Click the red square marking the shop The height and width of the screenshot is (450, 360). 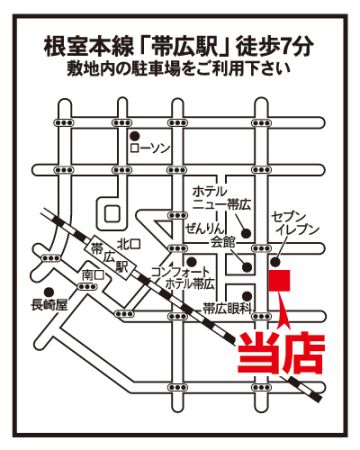(x=280, y=280)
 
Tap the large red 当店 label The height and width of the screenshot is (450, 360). (x=281, y=353)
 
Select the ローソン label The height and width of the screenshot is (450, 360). (x=150, y=148)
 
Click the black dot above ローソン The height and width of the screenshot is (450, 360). (x=134, y=136)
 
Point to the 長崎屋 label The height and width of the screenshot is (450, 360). (x=49, y=305)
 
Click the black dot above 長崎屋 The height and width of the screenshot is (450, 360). (x=49, y=292)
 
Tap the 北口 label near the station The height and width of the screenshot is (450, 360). (x=128, y=244)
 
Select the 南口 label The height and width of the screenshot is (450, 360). (x=93, y=275)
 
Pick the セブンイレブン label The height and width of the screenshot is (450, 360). (x=295, y=223)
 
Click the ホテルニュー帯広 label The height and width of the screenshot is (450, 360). (x=221, y=198)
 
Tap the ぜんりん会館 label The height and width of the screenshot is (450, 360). (x=210, y=236)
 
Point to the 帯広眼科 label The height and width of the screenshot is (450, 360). (x=227, y=309)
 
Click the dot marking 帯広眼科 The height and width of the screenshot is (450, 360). (x=247, y=296)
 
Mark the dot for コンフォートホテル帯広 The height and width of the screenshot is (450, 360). (x=191, y=261)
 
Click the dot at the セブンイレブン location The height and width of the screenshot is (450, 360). (x=276, y=262)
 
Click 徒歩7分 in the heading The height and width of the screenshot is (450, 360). (x=275, y=46)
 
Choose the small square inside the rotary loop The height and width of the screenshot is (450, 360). (x=112, y=213)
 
